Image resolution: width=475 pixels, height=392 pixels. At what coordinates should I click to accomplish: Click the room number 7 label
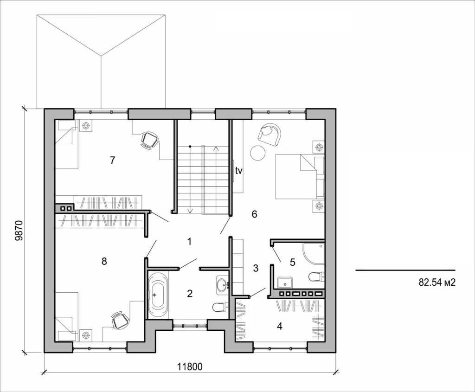[112, 161]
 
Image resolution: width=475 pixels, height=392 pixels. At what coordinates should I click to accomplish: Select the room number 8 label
[104, 261]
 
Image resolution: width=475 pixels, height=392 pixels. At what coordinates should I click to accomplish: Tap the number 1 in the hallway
[189, 241]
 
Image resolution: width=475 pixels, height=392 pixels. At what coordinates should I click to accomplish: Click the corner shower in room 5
[313, 253]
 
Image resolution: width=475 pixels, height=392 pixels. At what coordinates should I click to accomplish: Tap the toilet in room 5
[316, 277]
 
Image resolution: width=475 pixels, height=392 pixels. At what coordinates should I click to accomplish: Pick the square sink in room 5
[283, 281]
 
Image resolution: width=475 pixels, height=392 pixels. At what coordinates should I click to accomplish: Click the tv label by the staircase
[238, 171]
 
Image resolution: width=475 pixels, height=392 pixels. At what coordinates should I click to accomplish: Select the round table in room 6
[258, 152]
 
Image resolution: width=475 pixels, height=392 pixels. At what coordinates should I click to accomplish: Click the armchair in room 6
[270, 134]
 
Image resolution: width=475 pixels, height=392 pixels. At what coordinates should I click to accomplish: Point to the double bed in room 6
[299, 177]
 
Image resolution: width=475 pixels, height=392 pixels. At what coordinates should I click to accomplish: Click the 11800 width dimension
[190, 366]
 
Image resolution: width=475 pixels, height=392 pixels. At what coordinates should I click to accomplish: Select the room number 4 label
[279, 326]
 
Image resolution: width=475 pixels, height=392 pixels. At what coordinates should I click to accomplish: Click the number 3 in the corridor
[256, 268]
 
